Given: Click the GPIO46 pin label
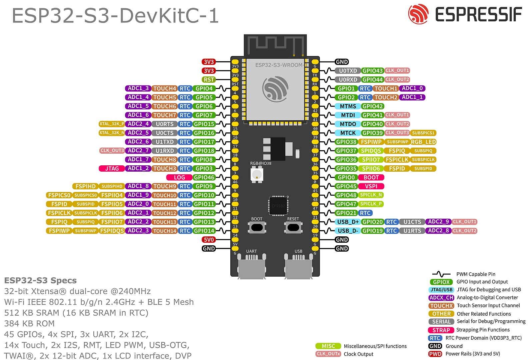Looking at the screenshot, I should click(204, 177).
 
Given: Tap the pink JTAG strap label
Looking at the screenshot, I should click(112, 169).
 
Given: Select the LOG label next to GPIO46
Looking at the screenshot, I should click(179, 177).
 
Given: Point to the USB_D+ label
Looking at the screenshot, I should click(348, 222).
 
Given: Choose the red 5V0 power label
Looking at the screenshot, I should click(209, 240).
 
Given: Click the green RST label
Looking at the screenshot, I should click(209, 80).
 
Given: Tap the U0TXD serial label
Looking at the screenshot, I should click(348, 71).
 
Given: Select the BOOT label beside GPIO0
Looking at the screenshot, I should click(371, 177).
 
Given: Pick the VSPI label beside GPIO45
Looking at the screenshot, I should click(371, 186).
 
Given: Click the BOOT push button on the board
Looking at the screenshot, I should click(257, 227).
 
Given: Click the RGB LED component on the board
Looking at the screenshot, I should click(257, 174).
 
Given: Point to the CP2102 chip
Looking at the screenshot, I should click(278, 206).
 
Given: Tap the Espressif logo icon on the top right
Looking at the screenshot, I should click(418, 14).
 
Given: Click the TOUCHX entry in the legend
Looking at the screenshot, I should click(441, 306).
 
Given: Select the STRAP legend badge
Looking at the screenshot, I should click(441, 330).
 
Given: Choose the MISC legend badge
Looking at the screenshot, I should click(328, 346).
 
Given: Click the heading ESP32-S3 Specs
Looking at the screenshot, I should click(40, 280).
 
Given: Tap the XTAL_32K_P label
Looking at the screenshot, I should click(112, 124).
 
